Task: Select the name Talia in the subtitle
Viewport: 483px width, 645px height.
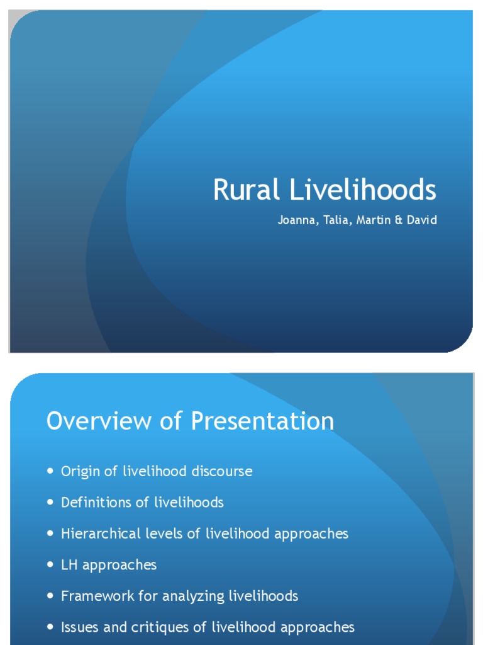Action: coord(335,221)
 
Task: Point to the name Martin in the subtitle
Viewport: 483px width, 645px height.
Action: coord(372,221)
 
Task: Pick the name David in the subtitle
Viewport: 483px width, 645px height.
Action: coord(421,221)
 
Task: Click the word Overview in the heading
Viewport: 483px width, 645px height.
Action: coord(98,421)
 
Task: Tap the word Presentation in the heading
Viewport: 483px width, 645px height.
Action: coord(262,421)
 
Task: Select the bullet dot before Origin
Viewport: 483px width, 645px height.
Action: coord(50,471)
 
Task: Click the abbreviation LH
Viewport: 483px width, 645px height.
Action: coord(69,565)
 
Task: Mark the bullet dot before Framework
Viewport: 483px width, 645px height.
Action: coord(50,596)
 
